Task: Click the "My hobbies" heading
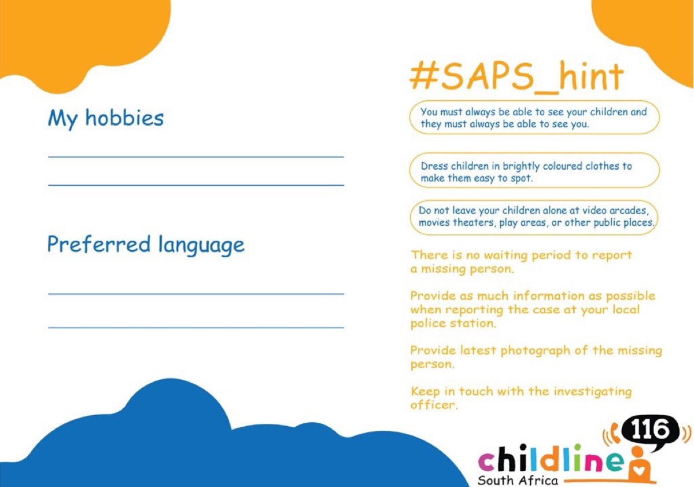point(106,119)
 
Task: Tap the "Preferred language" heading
point(146,245)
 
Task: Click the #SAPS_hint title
point(516,77)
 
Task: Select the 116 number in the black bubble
point(650,430)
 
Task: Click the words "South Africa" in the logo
point(518,480)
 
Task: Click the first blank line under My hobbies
point(196,157)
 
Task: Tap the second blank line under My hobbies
point(196,185)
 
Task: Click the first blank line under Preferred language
point(196,294)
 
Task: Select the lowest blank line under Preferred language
point(196,328)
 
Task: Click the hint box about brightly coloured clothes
point(534,170)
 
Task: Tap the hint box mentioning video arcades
point(534,217)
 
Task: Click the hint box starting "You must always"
point(534,117)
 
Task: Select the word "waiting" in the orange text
point(505,256)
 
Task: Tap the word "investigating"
point(592,392)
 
